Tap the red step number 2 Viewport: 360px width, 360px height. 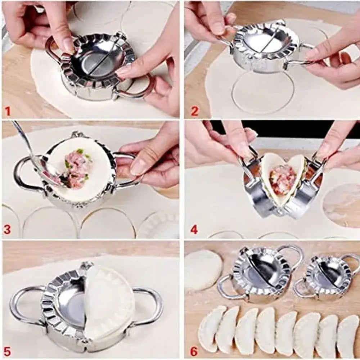[194, 111]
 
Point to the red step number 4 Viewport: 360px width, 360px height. [194, 229]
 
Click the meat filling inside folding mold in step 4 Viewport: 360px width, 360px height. [283, 179]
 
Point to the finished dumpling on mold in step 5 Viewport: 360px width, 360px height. [108, 302]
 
